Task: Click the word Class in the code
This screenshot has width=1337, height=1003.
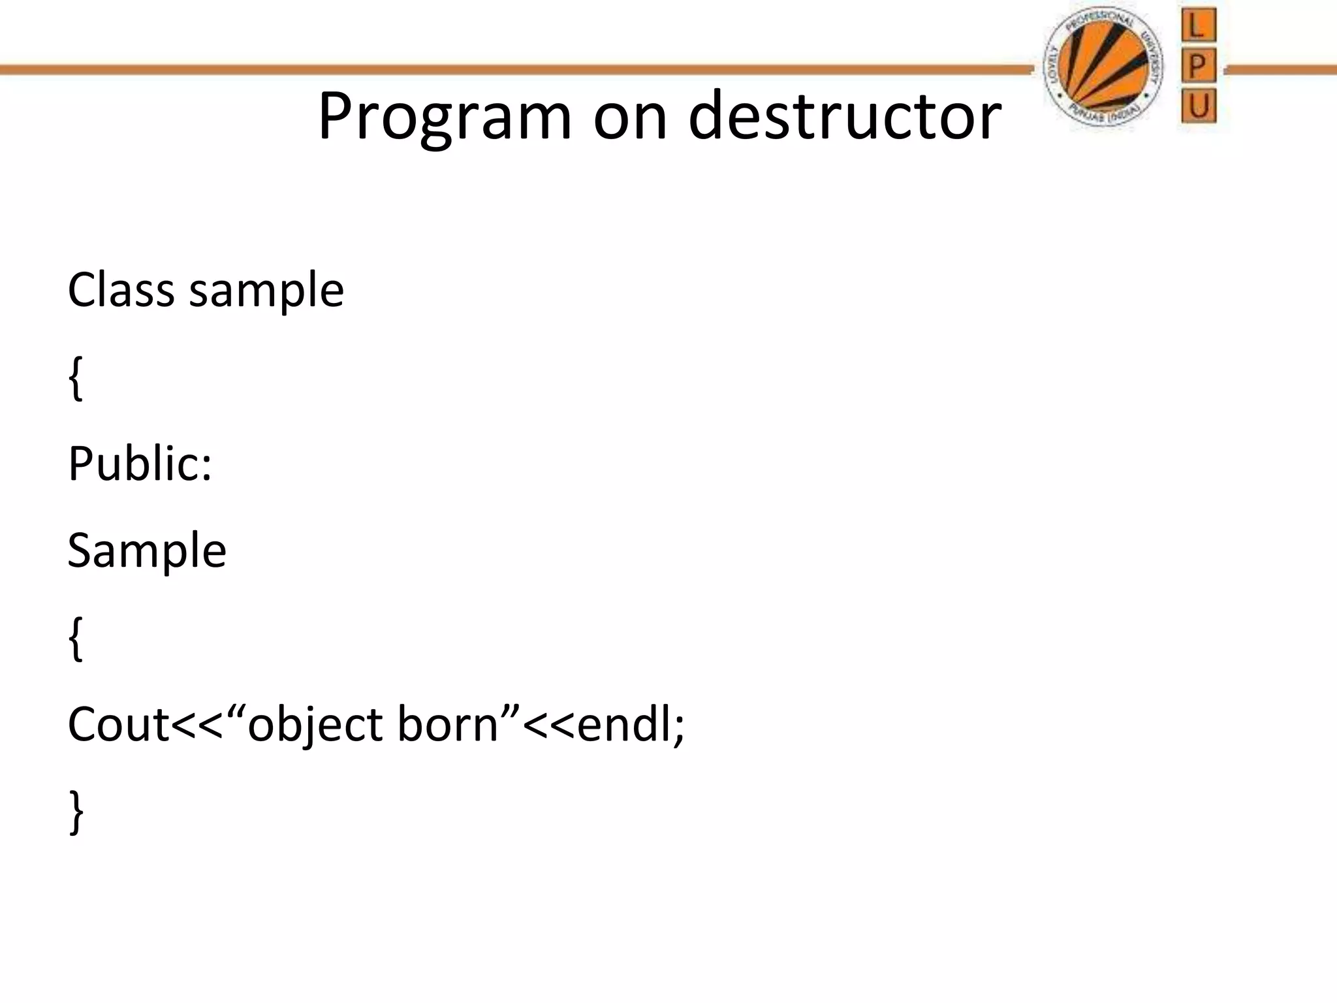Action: pyautogui.click(x=121, y=290)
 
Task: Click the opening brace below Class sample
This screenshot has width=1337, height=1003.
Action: pyautogui.click(x=76, y=379)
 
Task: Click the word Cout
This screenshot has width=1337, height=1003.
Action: pyautogui.click(x=118, y=725)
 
